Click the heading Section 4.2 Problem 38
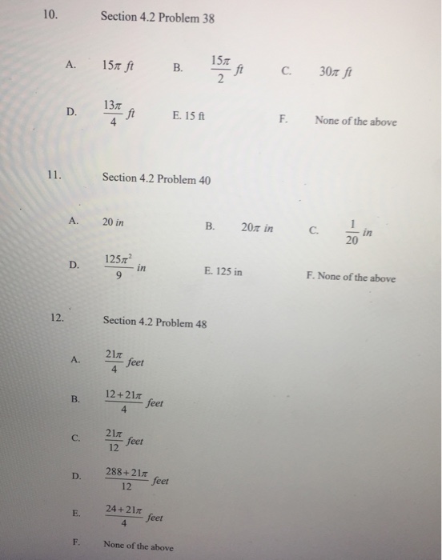158,18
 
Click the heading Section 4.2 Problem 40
157,179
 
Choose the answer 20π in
256,228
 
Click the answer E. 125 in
223,272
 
